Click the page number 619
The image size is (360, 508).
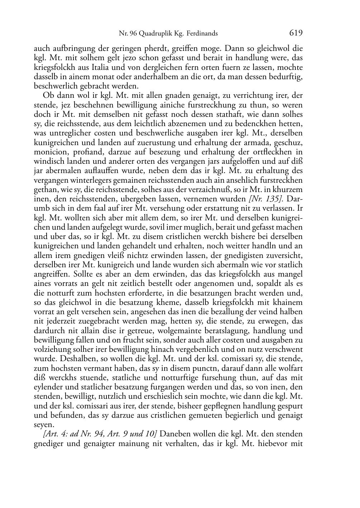(296, 33)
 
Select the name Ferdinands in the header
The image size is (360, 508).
(203, 34)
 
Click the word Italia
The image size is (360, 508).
(96, 68)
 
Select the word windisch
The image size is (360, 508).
(47, 162)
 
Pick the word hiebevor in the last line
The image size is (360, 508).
(271, 444)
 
